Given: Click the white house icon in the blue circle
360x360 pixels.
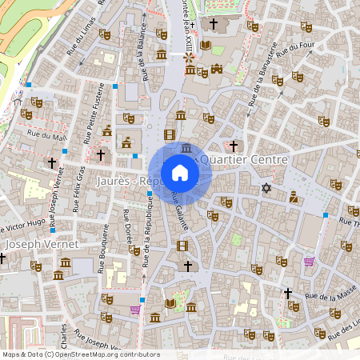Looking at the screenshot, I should click(180, 173).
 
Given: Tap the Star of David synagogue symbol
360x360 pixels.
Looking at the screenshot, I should click(266, 188).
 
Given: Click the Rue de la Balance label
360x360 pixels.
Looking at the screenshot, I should click(147, 60).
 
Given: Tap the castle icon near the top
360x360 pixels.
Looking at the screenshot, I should click(216, 69).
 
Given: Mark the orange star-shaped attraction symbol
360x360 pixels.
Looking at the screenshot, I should click(189, 58).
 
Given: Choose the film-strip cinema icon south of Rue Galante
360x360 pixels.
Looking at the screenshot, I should click(182, 246).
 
